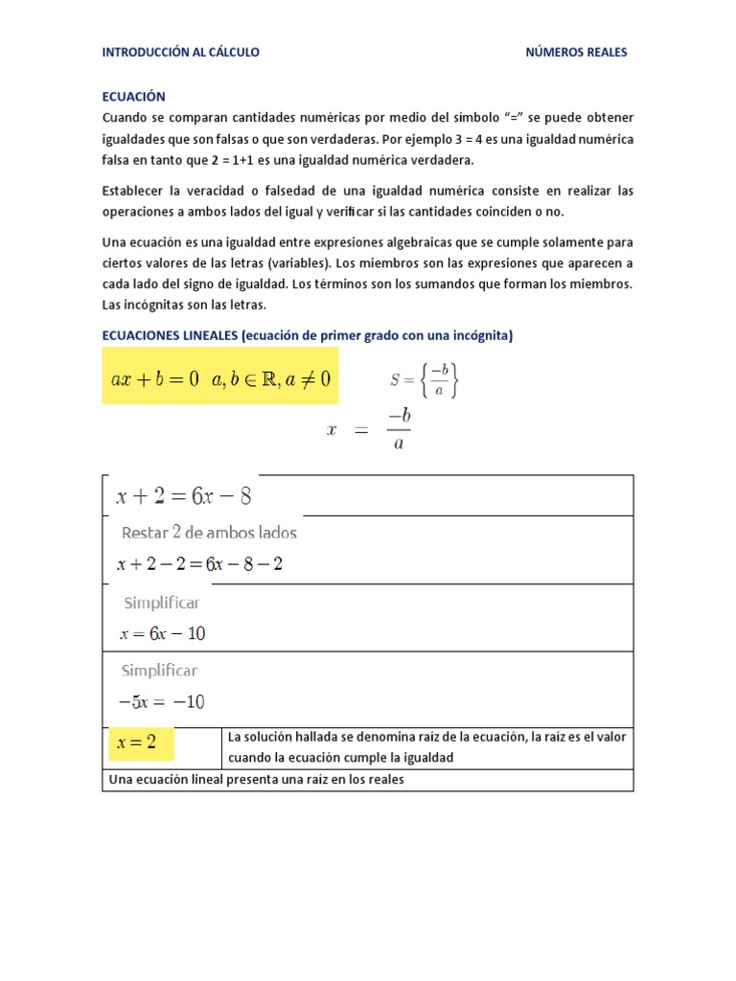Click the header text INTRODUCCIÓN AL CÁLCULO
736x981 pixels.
point(180,53)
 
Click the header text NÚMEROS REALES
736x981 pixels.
point(576,53)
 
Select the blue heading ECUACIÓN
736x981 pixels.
point(134,97)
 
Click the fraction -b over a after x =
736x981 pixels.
point(398,431)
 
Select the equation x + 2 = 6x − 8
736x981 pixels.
point(184,496)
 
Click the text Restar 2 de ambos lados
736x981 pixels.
point(209,533)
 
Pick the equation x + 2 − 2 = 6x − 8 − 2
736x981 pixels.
point(199,564)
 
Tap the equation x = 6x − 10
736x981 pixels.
point(162,633)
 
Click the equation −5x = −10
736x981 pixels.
point(161,701)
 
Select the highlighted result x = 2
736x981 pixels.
point(136,743)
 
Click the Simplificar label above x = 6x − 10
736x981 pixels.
point(161,604)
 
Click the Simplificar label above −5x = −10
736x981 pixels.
point(159,671)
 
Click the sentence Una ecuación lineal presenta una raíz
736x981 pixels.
point(257,780)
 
